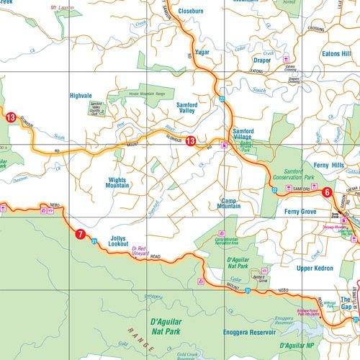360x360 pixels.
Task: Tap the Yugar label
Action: [202, 53]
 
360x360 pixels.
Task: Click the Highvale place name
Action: [81, 96]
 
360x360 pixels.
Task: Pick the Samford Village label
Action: [243, 135]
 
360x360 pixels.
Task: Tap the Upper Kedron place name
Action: [315, 267]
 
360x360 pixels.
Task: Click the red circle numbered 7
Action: [80, 233]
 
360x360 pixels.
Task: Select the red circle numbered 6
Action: [326, 192]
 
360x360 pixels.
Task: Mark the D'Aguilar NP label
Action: [331, 345]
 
